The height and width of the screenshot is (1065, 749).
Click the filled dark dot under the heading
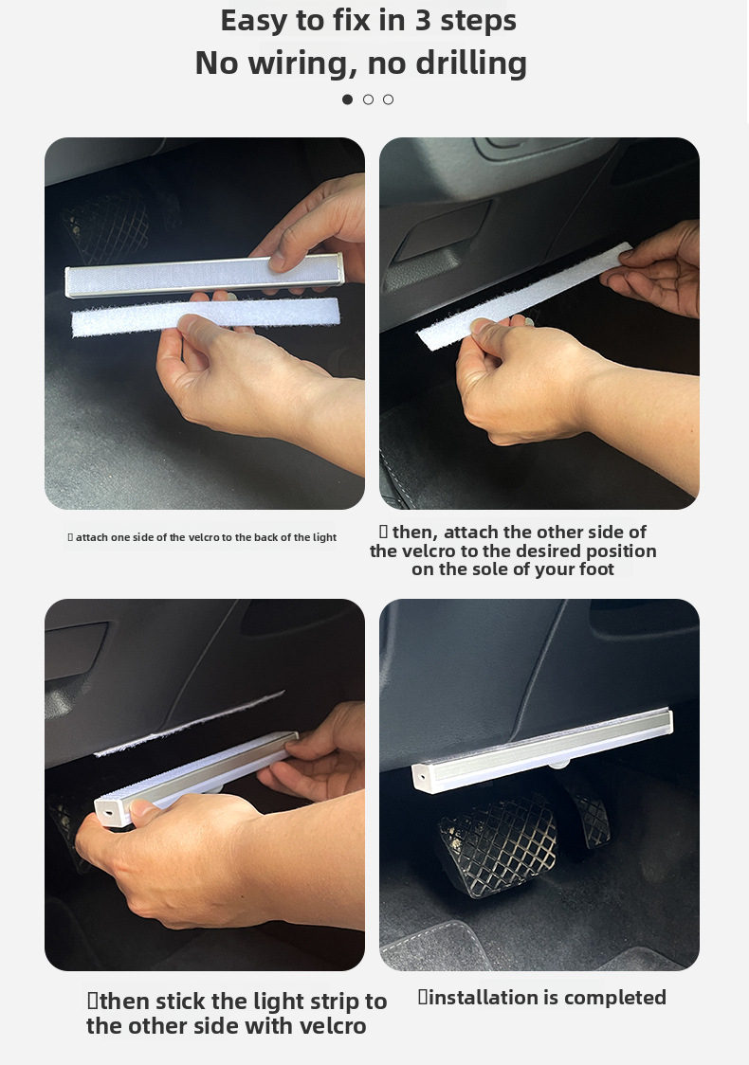[348, 99]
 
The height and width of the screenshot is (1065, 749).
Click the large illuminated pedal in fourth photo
[498, 843]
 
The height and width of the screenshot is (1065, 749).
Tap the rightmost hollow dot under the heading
[388, 99]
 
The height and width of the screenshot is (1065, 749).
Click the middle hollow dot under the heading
[368, 99]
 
